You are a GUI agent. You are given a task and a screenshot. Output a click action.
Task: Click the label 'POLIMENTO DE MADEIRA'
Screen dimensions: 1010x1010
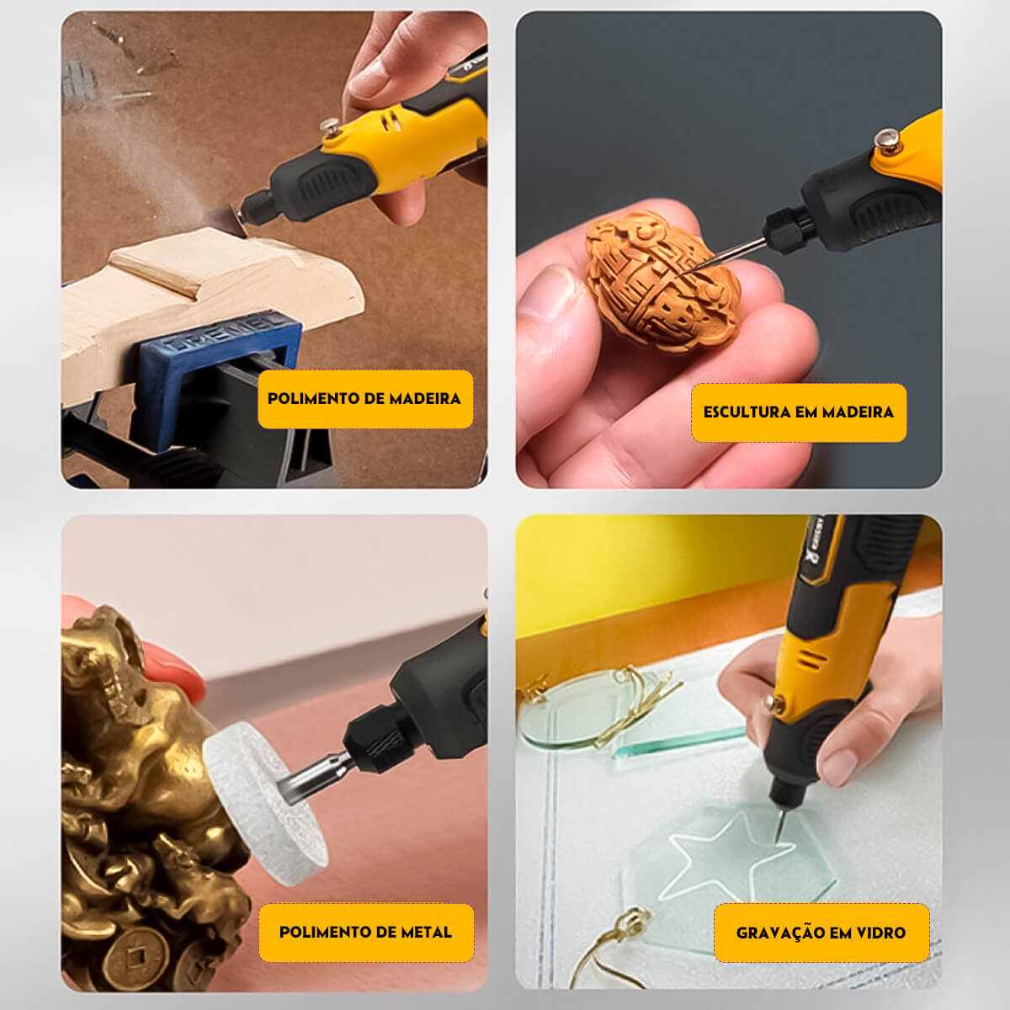tap(364, 399)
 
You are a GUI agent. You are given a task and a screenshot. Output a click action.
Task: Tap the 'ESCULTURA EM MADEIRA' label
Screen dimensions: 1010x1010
tap(798, 412)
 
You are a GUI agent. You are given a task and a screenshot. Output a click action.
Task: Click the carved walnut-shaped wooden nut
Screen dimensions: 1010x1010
tap(663, 282)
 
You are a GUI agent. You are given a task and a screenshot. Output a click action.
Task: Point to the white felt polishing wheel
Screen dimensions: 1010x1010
tap(264, 804)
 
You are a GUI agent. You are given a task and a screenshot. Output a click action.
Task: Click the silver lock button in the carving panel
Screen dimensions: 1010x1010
tap(888, 141)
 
